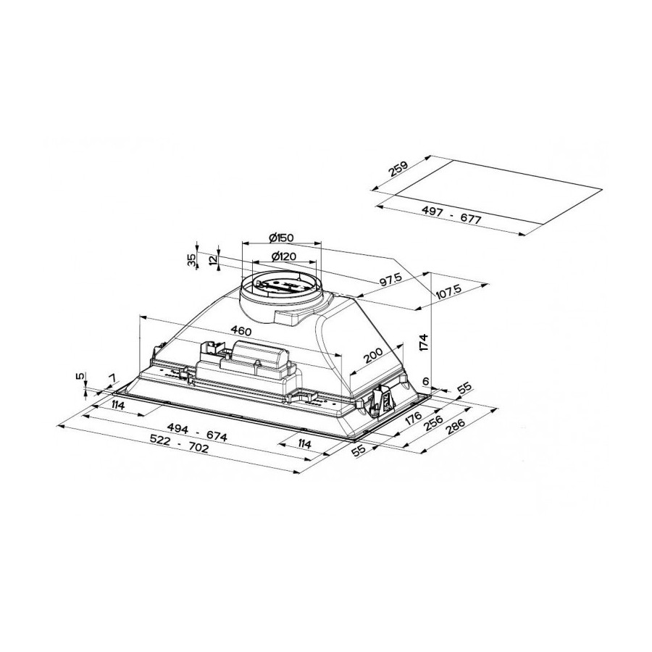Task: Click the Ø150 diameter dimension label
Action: click(x=281, y=238)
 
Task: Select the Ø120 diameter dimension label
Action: click(x=283, y=256)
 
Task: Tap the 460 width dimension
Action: click(x=241, y=331)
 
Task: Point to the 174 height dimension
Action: click(x=423, y=342)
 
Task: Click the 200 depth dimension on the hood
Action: click(x=372, y=356)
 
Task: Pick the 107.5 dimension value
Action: click(x=449, y=293)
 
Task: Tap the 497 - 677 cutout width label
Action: click(x=451, y=215)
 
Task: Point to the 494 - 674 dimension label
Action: click(x=197, y=432)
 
